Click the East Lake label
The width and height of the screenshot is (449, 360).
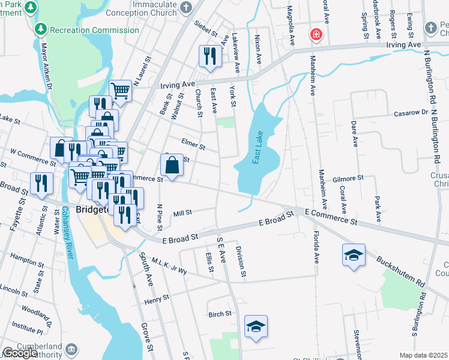coord(258,148)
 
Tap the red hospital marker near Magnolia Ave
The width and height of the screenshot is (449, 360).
coord(315,35)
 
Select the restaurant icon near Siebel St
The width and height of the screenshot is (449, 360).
coord(210,56)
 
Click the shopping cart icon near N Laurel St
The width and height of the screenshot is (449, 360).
coord(121,91)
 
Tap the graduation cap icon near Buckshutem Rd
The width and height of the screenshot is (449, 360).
coord(354,255)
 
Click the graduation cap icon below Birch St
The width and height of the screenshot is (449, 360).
coord(256,327)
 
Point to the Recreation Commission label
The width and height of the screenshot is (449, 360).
coord(94,29)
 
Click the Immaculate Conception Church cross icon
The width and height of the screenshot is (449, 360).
coord(186,8)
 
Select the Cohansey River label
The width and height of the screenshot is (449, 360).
coord(67,233)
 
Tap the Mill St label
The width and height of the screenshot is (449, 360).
coord(182,212)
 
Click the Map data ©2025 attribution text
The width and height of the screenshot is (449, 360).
coord(423,355)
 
